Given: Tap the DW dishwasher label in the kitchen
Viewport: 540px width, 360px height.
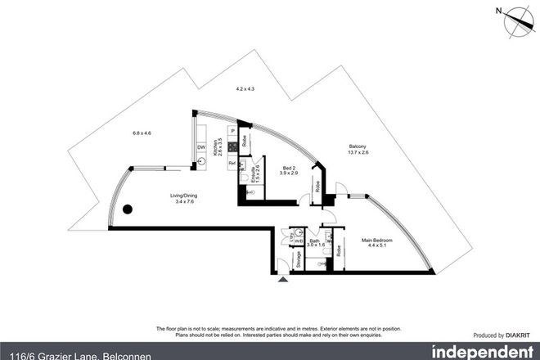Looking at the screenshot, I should pos(201,147).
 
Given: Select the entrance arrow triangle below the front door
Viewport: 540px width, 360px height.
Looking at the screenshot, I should pos(284,280).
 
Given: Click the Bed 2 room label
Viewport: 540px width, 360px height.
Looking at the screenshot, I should pos(287,169).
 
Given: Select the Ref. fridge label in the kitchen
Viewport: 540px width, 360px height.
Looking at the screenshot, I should pos(232,163).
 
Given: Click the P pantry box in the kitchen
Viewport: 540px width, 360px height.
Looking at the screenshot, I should pos(232,131).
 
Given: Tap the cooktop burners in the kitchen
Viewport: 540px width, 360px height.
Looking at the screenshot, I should pos(232,148).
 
